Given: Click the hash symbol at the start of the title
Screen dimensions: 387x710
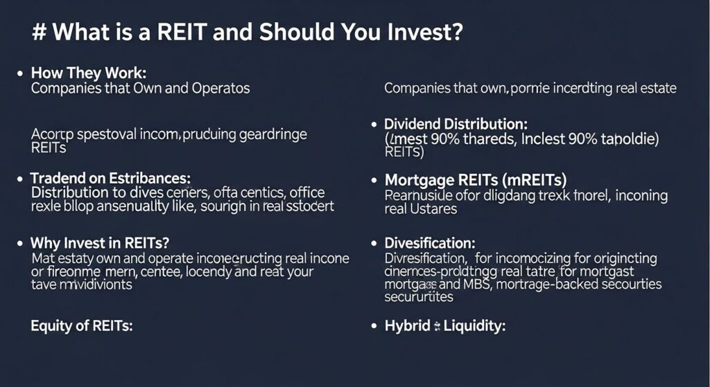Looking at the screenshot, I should click(x=39, y=34).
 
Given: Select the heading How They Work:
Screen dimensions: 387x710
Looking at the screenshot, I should click(x=89, y=73).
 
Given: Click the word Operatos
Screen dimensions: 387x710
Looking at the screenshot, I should click(x=220, y=88).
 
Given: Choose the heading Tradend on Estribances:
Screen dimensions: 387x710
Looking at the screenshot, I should click(x=110, y=178).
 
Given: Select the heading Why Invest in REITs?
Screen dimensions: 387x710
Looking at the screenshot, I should click(x=100, y=243).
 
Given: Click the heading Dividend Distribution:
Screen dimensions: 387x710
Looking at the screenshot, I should click(x=456, y=125).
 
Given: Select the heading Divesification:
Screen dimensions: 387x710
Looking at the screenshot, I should click(x=429, y=244).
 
